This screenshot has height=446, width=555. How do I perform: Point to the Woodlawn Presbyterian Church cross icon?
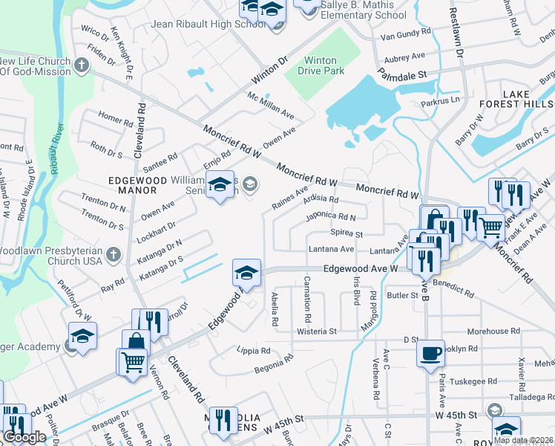[113, 255]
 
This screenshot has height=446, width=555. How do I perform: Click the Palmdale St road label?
[402, 75]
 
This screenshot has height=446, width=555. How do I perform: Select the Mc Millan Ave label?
[271, 106]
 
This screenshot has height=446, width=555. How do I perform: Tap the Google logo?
[24, 437]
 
